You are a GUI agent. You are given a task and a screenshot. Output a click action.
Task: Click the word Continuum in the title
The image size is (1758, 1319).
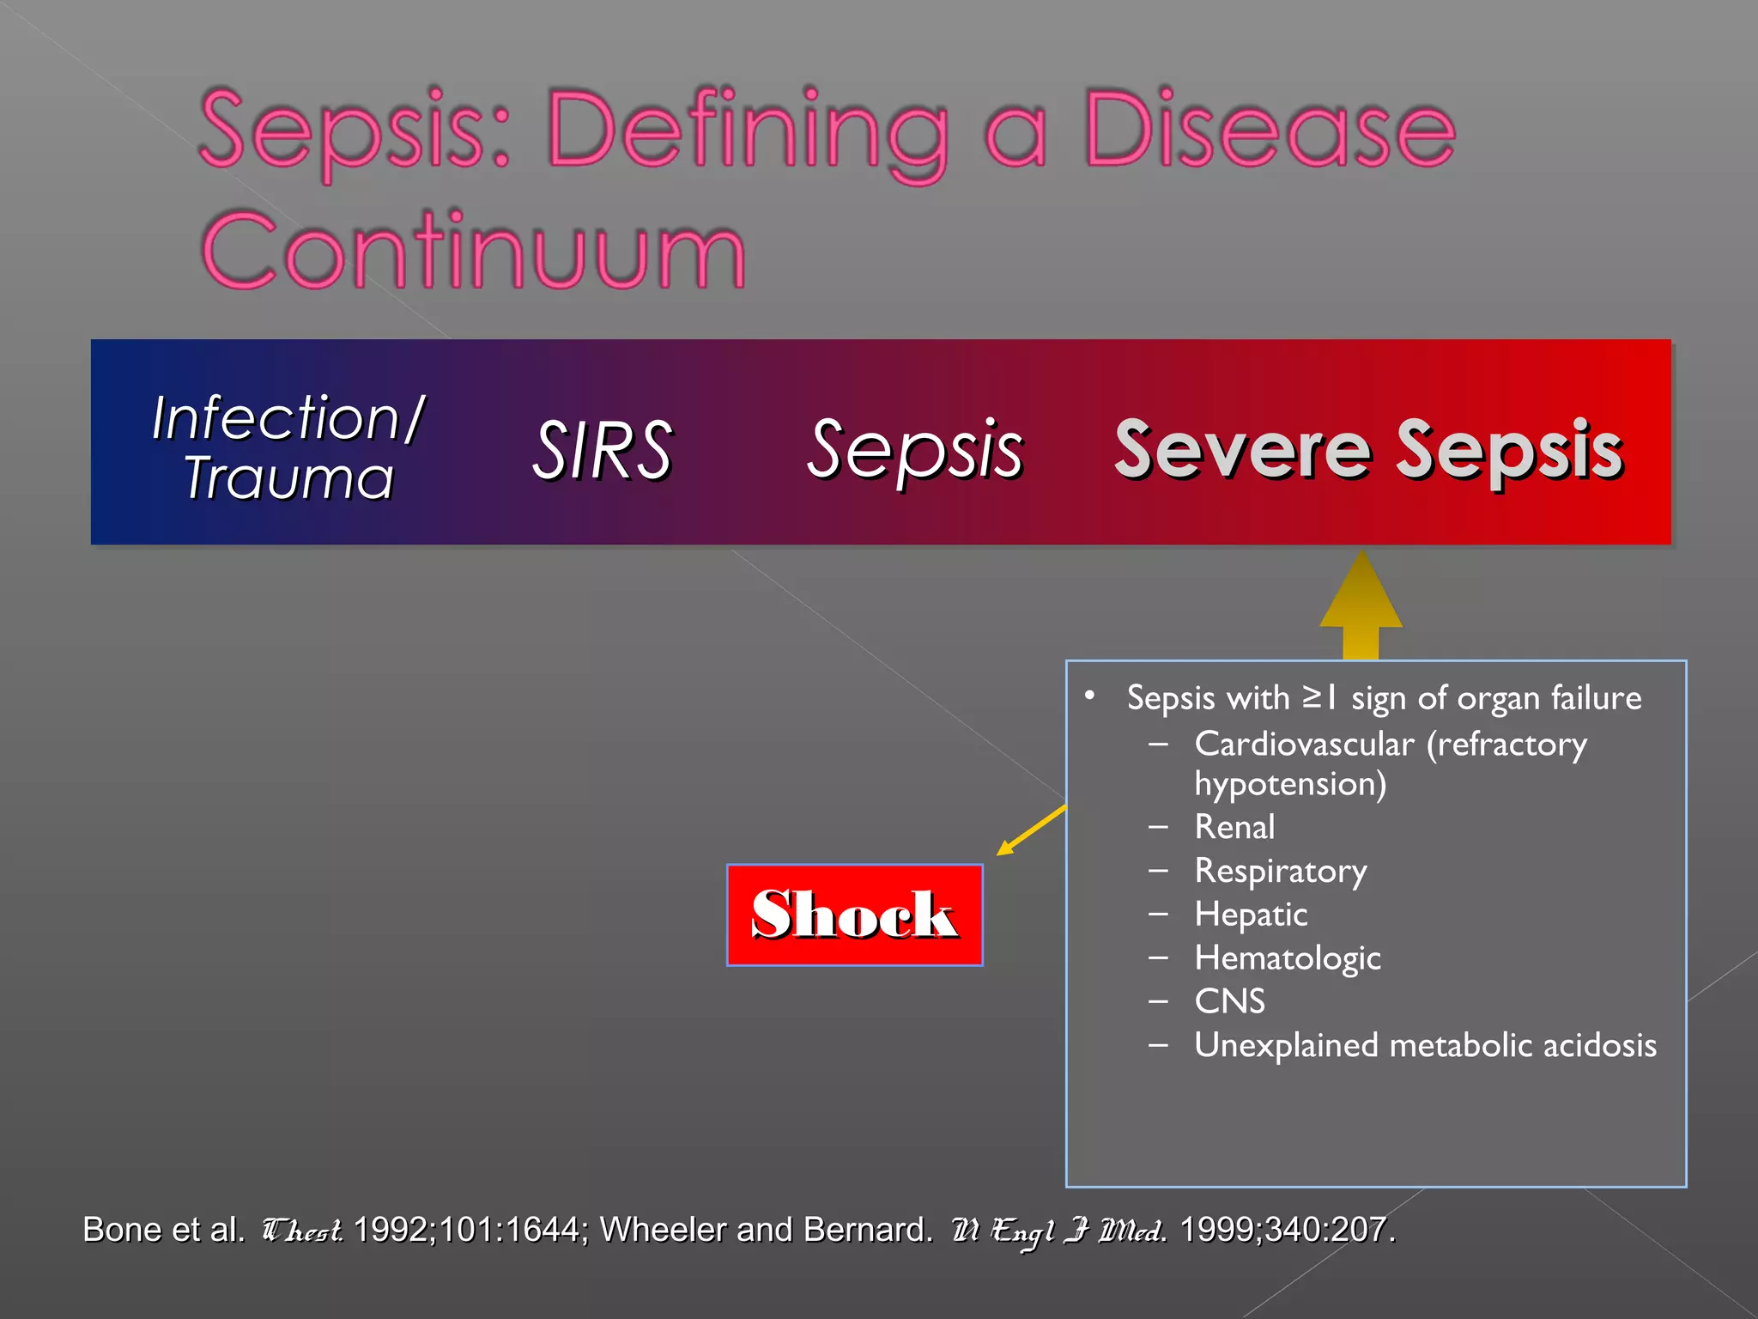pos(473,251)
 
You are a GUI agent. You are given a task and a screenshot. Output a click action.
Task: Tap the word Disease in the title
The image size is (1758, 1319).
pos(1270,131)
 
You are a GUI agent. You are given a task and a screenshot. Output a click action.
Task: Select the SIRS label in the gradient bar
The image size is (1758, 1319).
pos(602,449)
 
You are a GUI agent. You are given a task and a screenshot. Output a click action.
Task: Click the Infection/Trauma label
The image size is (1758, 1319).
pos(288,447)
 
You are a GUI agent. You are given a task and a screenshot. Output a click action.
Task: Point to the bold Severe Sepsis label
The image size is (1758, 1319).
pos(1368,449)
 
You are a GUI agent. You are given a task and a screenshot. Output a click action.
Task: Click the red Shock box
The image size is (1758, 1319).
pos(854,915)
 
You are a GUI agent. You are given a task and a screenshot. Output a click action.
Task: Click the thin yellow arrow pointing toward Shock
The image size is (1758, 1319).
pos(1031,830)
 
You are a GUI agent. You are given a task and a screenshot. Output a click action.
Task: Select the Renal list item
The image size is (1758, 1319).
pos(1234,827)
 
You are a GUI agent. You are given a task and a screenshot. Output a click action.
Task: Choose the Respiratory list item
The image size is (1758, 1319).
pos(1281,871)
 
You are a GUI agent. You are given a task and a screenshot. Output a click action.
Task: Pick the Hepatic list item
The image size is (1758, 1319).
pos(1251,915)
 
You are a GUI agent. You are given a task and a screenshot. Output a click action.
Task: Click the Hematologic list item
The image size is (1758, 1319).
pos(1288,958)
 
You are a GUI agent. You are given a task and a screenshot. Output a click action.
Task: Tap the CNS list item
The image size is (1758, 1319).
pos(1229,1001)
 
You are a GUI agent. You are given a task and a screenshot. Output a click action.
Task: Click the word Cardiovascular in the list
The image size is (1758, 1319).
pos(1304,744)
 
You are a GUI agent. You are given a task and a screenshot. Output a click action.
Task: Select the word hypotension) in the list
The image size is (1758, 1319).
pos(1290,784)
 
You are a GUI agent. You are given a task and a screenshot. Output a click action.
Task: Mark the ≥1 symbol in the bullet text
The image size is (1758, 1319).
pos(1319,697)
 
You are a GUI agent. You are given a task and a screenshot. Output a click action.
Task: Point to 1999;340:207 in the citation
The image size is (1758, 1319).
pos(1286,1230)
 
